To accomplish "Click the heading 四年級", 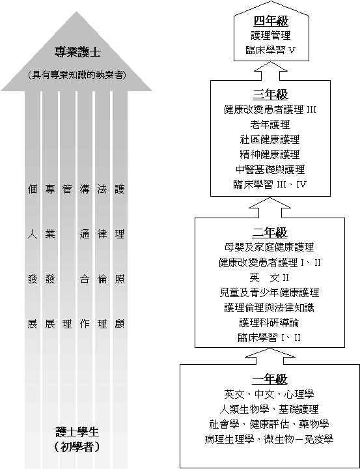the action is [271, 21].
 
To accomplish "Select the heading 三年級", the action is [270, 95].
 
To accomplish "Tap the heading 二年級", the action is [270, 233].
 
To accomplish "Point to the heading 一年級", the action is [270, 379].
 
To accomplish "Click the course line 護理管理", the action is [271, 35].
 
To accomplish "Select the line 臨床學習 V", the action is [271, 50].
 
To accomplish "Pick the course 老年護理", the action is [270, 124].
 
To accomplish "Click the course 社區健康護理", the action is [270, 139].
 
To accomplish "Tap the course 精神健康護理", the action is [270, 154].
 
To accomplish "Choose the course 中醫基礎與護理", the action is [270, 169].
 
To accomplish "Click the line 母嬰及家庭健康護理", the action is [270, 247].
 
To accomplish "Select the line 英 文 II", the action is [270, 277].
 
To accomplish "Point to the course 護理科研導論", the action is [269, 322].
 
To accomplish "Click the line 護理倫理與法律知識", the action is [270, 307].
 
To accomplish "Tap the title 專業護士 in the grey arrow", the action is [77, 52].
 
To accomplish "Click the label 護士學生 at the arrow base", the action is [77, 432].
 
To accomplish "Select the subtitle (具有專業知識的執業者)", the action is [77, 75].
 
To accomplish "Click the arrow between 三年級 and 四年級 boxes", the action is [271, 71].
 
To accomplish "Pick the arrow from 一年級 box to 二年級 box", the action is [270, 356].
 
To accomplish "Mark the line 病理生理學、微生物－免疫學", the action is [269, 439].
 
